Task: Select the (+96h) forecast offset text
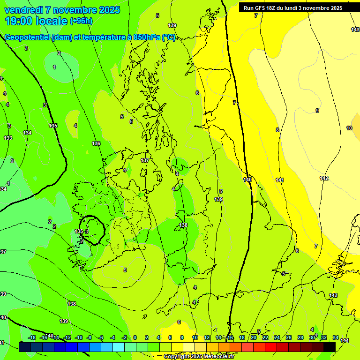click(81, 21)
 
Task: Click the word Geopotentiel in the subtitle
click(27, 37)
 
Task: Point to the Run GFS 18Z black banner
click(293, 7)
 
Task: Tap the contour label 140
click(247, 179)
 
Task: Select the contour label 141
click(280, 180)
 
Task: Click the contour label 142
click(324, 178)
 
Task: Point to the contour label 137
click(145, 160)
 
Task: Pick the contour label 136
click(96, 143)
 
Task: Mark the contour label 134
click(27, 133)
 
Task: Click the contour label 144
click(345, 340)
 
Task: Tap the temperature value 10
click(349, 128)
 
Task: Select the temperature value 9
click(317, 111)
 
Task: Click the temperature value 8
click(277, 130)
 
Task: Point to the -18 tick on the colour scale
click(32, 337)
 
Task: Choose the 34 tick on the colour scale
click(335, 337)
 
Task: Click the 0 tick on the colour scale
click(135, 337)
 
